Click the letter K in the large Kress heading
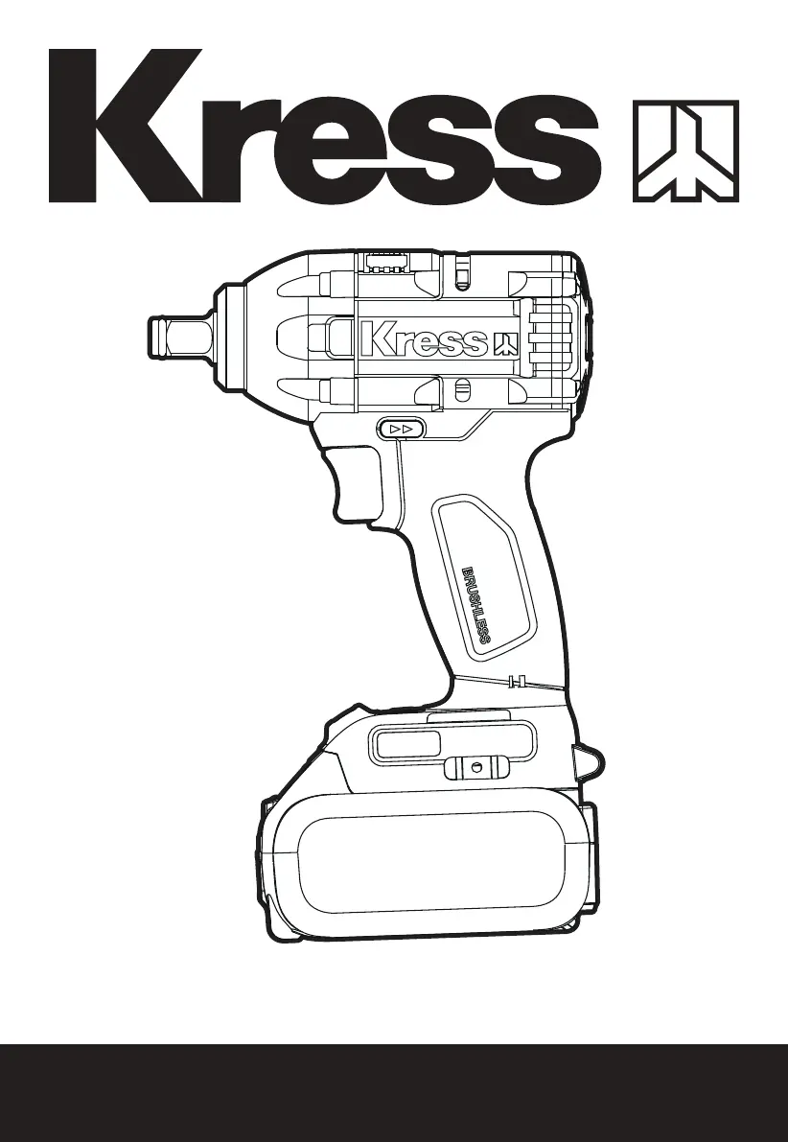click(124, 126)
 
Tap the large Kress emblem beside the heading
click(686, 151)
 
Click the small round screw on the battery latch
click(476, 767)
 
